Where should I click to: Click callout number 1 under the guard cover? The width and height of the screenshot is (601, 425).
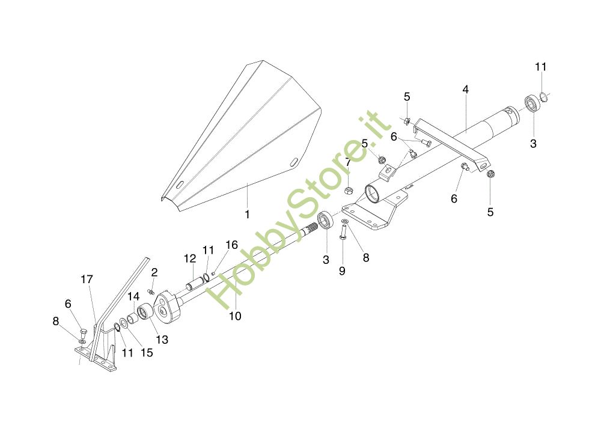click(x=246, y=213)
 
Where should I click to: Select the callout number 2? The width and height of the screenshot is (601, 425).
click(x=154, y=272)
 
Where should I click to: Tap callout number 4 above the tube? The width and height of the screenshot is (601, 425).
click(x=465, y=90)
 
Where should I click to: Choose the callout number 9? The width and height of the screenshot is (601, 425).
click(x=342, y=271)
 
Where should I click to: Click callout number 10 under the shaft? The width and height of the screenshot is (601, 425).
click(x=235, y=316)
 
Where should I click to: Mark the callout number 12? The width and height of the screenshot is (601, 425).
click(x=190, y=258)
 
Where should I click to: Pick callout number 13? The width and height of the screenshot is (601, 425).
click(x=162, y=339)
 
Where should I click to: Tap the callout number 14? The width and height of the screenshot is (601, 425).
click(x=133, y=296)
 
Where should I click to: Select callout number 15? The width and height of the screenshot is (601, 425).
click(x=147, y=353)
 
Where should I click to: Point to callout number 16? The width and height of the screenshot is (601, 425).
click(x=232, y=245)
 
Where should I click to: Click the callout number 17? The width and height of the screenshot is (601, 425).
click(x=87, y=280)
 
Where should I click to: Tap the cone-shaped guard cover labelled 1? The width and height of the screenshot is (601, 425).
click(x=240, y=138)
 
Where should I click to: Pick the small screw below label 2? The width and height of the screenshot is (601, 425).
click(x=151, y=292)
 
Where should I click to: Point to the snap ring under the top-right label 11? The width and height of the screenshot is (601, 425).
click(x=542, y=96)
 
